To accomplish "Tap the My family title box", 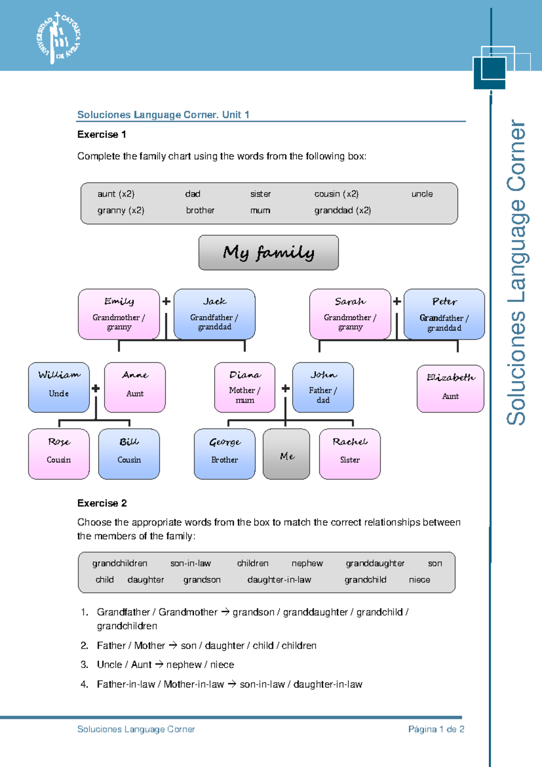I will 268,252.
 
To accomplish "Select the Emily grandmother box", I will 119,314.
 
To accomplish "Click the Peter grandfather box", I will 444,314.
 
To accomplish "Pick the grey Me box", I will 286,454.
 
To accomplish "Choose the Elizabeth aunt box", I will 450,388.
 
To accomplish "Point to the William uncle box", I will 59,387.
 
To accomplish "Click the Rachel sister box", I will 350,454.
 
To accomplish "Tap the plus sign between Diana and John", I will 285,388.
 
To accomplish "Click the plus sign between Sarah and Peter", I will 397,301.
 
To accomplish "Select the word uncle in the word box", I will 422,194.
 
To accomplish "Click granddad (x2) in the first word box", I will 342,210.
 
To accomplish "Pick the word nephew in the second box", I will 307,563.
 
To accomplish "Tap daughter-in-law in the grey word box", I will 279,580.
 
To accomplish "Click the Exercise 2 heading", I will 102,503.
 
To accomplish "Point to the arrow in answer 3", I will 159,665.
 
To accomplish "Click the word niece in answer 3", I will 222,665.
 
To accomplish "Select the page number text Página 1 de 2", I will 436,729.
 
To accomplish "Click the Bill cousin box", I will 129,454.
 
